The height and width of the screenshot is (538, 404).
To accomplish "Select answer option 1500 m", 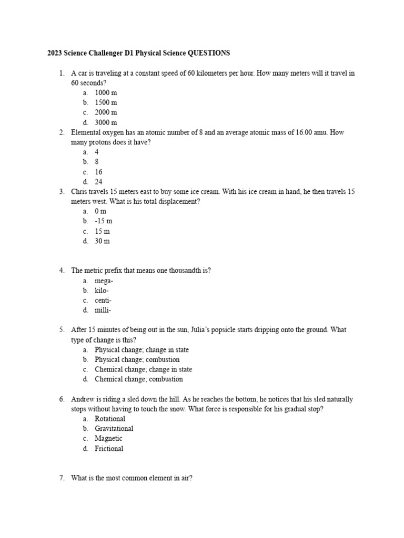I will (x=106, y=102).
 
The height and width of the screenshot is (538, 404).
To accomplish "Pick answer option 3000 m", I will (x=106, y=122).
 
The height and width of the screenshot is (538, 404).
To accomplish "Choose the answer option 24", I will (x=98, y=182).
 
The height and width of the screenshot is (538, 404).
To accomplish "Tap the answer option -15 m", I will (x=103, y=221).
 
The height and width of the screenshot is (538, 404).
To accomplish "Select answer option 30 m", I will (x=102, y=241).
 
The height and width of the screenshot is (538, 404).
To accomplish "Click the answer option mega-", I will (x=104, y=281).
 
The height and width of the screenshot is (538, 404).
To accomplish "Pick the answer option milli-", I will (x=103, y=310).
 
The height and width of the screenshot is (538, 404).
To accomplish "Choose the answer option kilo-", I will (x=102, y=291).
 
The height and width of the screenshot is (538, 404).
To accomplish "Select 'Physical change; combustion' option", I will (x=137, y=359).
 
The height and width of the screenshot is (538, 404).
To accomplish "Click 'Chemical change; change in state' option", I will (x=143, y=369).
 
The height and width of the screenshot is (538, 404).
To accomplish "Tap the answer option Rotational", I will (x=109, y=419).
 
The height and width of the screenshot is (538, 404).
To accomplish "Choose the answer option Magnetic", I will (x=108, y=438).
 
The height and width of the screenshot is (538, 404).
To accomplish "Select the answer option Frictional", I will (x=109, y=448).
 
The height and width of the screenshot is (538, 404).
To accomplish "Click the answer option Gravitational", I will (x=114, y=428).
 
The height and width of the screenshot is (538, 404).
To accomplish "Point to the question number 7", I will (x=62, y=478).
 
